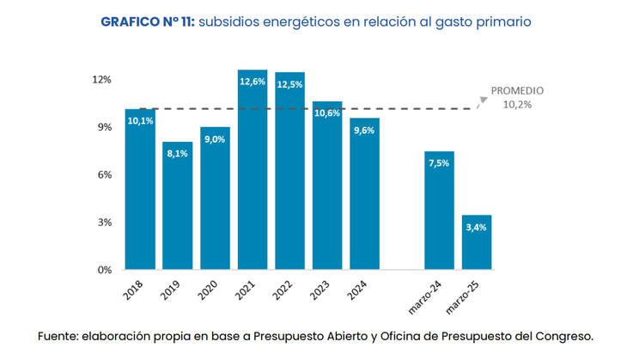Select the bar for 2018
pos(140,189)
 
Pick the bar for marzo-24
pos(439,210)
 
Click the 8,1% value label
pos(177,154)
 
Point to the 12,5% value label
pos(289,84)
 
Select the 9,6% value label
pos(364,131)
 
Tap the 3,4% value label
pos(477,227)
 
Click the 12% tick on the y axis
pos(102,80)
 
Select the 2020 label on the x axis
pos(208,290)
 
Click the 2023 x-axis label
pos(320,290)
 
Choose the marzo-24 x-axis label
pos(435,295)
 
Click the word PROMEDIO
pos(517,91)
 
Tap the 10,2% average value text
pos(517,104)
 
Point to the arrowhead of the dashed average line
pos(483,100)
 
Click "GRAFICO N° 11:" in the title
pos(148,21)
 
